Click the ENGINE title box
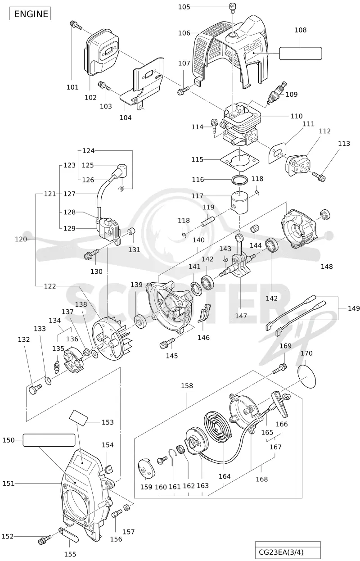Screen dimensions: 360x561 (x=30, y=14)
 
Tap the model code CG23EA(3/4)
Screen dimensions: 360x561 (x=281, y=552)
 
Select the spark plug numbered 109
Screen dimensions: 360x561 (x=277, y=92)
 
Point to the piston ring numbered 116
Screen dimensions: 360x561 (x=239, y=180)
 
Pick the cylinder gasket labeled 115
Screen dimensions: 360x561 (x=239, y=159)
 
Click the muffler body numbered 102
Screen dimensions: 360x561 (x=101, y=51)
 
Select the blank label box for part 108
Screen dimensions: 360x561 (x=301, y=53)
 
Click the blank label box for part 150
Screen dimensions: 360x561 (x=49, y=440)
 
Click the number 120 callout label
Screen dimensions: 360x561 (x=21, y=239)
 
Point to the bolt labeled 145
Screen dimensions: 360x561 (x=167, y=343)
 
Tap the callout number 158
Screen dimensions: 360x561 (x=187, y=386)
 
